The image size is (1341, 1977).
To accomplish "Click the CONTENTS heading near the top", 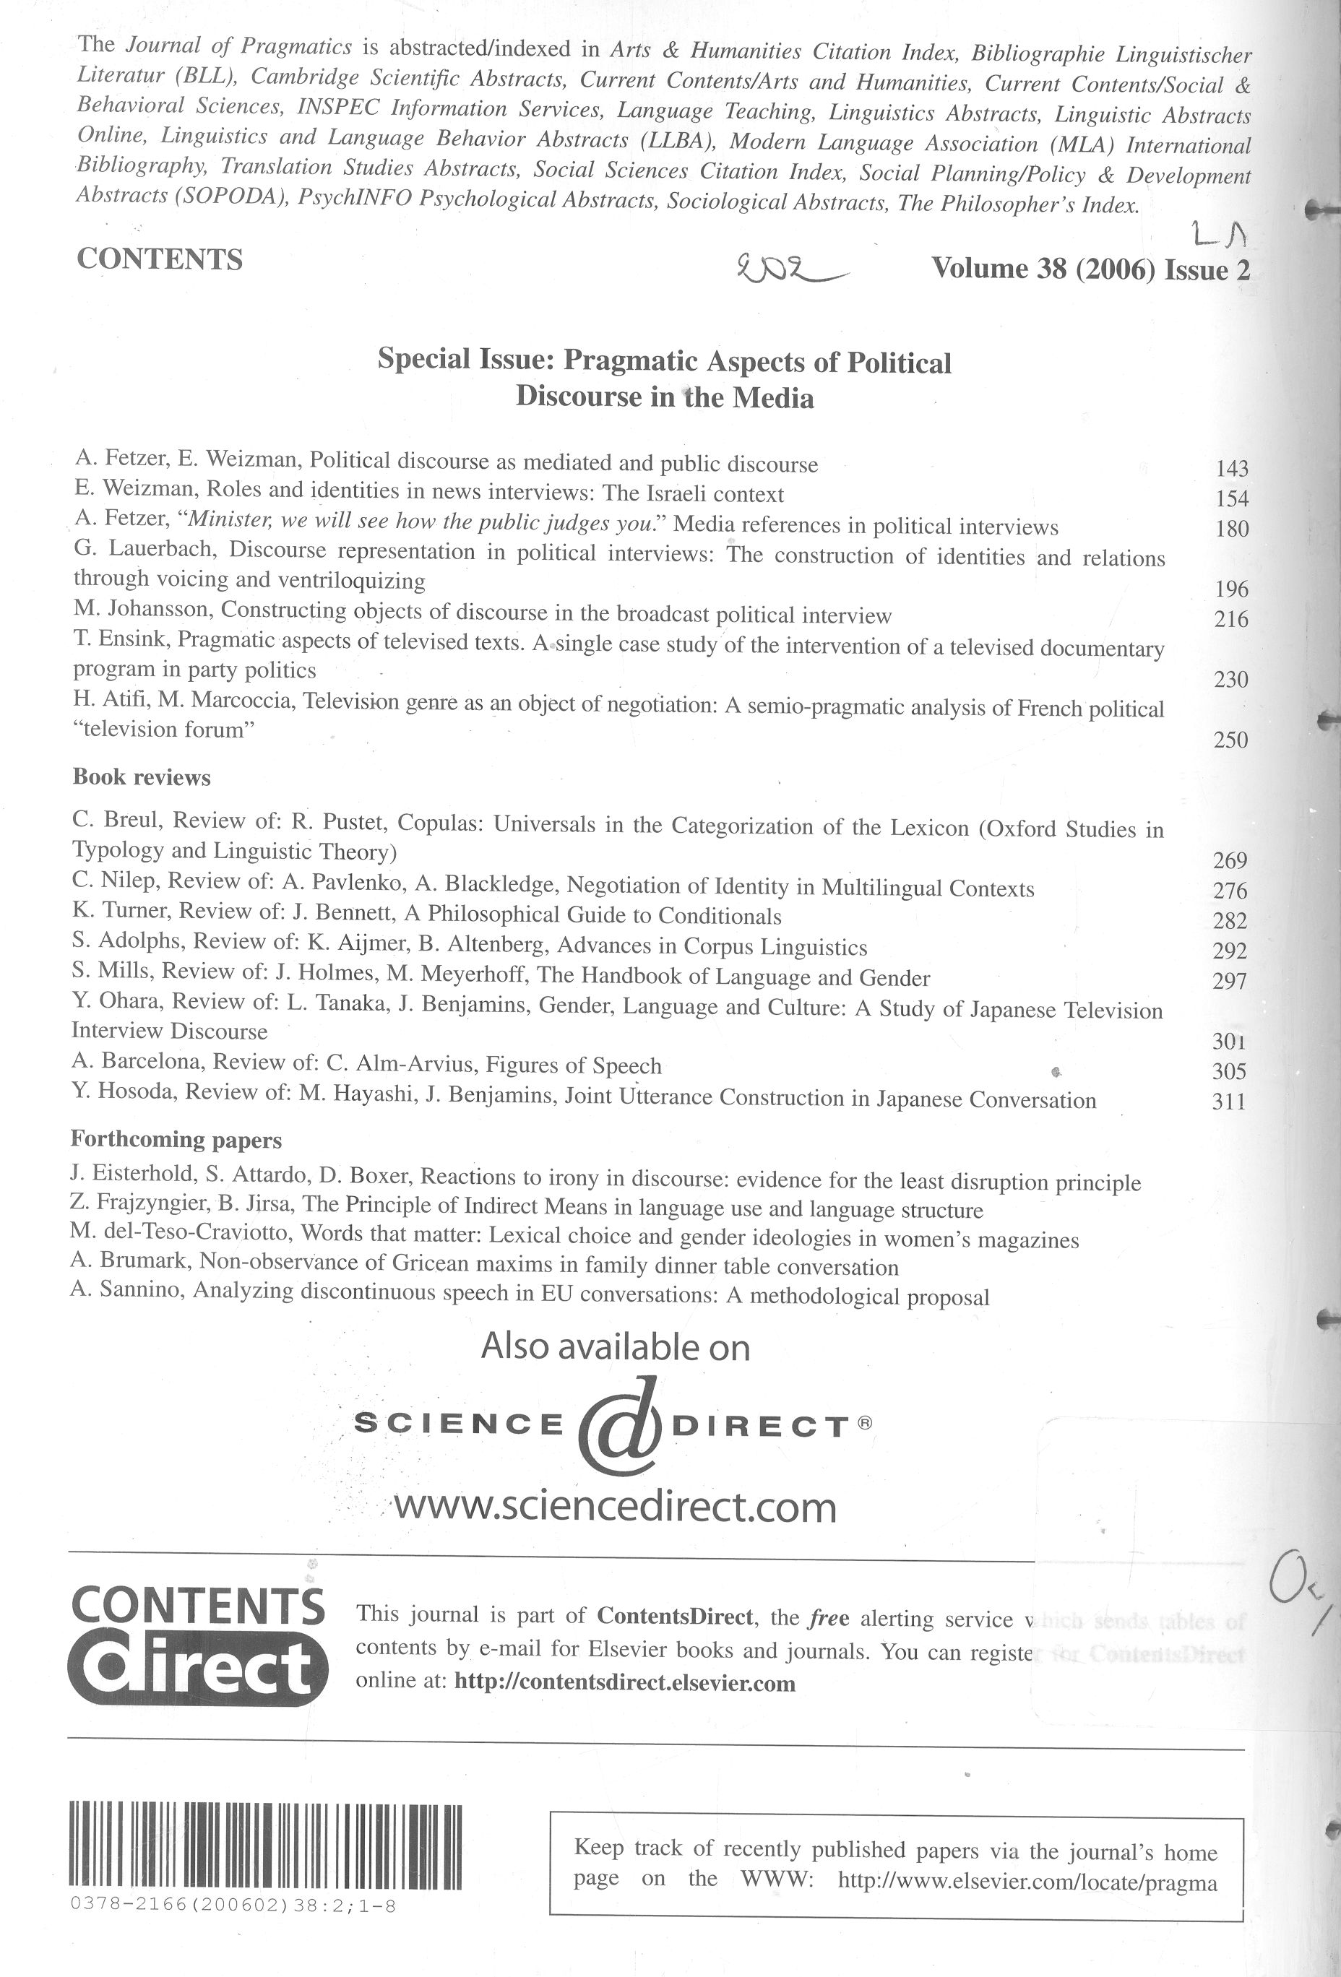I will click(x=160, y=259).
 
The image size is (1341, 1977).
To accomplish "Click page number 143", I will click(x=1231, y=469).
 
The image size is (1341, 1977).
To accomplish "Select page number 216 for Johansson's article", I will click(x=1231, y=619).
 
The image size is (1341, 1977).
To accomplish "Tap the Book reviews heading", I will click(x=141, y=776).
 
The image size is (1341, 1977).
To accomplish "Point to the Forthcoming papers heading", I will click(x=176, y=1139).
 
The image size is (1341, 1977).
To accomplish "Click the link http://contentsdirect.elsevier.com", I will click(x=626, y=1683).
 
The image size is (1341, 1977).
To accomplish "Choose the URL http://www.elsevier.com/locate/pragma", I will click(x=1027, y=1883).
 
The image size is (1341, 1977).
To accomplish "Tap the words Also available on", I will click(x=615, y=1346).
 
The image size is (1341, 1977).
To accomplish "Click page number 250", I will click(x=1230, y=740).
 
